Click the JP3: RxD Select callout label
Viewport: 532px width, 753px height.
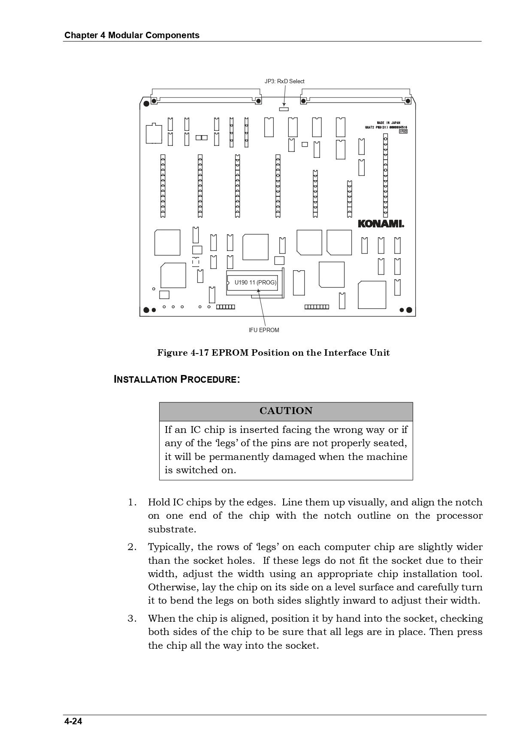pos(284,81)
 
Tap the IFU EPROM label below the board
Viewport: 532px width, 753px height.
pos(264,330)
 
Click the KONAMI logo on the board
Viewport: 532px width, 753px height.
pos(381,224)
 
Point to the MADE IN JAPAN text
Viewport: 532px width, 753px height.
pos(388,123)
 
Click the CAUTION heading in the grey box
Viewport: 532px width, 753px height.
pos(286,411)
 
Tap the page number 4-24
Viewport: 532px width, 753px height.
pos(73,721)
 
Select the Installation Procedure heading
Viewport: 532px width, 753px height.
pos(177,379)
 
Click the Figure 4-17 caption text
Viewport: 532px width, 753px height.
pos(273,353)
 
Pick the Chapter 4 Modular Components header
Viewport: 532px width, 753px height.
pos(132,35)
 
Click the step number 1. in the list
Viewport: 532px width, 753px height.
pos(132,502)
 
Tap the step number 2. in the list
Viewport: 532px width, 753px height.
pos(132,547)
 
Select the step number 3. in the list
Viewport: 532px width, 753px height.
pos(132,618)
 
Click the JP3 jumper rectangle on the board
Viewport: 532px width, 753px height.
pos(284,109)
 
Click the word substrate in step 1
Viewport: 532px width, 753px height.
pos(172,529)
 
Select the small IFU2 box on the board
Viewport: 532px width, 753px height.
pos(403,131)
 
